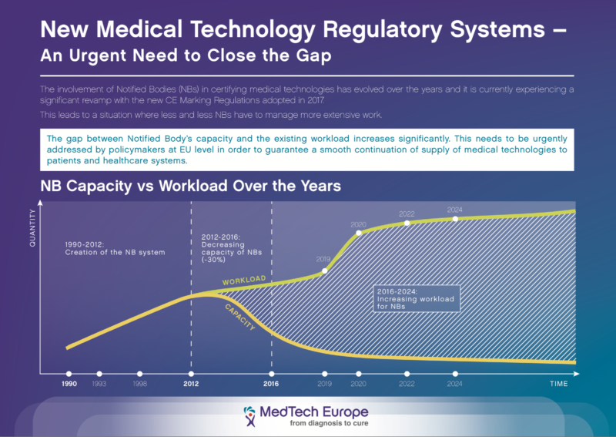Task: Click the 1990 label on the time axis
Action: pyautogui.click(x=69, y=384)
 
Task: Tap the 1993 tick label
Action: pyautogui.click(x=99, y=384)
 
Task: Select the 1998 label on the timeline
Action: pyautogui.click(x=139, y=384)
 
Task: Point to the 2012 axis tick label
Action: pyautogui.click(x=191, y=384)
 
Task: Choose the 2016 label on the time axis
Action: pyautogui.click(x=271, y=384)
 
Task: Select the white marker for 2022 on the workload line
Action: pyautogui.click(x=407, y=224)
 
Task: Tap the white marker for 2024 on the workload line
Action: pyautogui.click(x=455, y=219)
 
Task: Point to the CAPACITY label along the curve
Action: pyautogui.click(x=241, y=318)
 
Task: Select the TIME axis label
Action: pyautogui.click(x=557, y=384)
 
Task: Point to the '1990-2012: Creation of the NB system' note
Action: pyautogui.click(x=115, y=248)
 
